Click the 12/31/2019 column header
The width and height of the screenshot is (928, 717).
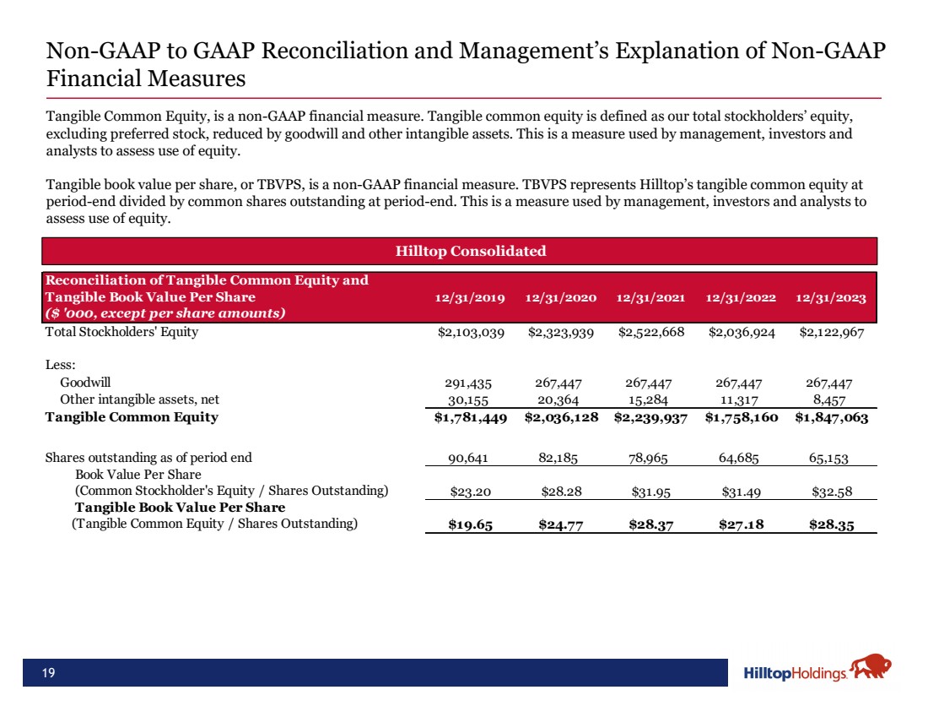(470, 298)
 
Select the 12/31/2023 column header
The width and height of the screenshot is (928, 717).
(832, 298)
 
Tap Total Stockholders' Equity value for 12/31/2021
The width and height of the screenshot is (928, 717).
(651, 332)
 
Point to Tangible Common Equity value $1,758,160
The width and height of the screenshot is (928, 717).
(742, 417)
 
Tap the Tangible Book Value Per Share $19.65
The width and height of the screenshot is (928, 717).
(471, 524)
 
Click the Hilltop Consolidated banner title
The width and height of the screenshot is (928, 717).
(471, 251)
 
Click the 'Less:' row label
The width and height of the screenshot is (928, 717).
(60, 365)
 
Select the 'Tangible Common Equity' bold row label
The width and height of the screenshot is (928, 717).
(132, 417)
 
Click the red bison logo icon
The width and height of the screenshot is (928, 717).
(871, 669)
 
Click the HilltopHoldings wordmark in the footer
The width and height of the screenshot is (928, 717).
(796, 673)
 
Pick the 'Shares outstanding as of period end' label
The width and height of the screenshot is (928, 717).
(148, 459)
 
